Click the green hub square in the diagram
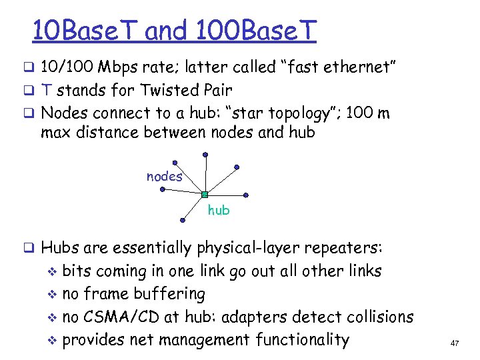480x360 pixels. tap(205, 195)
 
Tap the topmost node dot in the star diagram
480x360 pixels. tap(206, 154)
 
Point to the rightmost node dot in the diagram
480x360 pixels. tap(247, 195)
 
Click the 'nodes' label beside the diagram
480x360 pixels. tap(164, 176)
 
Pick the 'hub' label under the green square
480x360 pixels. tap(219, 211)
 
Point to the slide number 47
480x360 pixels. tap(455, 343)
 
